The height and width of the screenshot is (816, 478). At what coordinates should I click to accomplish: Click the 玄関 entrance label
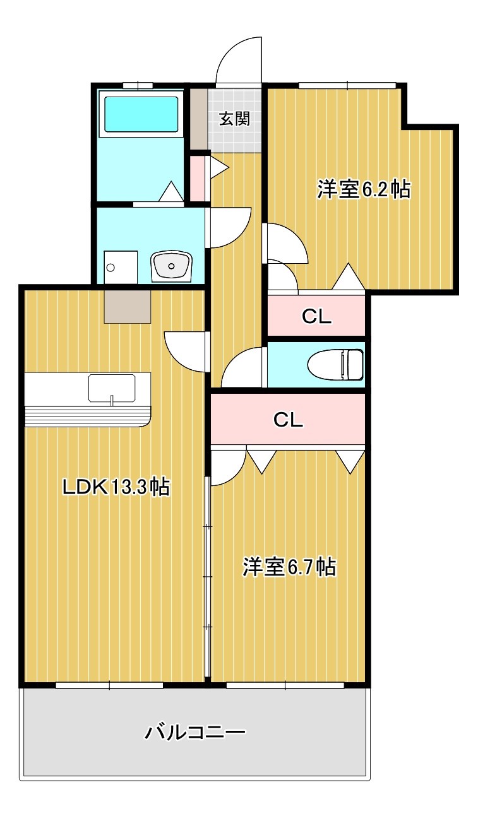(234, 119)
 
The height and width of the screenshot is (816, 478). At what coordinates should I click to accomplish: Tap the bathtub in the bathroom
(141, 114)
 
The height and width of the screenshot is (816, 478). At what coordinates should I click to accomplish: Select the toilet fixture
(336, 365)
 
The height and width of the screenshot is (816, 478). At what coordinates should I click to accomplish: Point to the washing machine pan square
(121, 267)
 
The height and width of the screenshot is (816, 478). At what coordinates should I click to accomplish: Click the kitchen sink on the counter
(112, 387)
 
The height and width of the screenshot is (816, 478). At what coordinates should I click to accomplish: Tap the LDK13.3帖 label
(115, 487)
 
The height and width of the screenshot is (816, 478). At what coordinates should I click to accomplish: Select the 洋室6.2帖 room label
(363, 189)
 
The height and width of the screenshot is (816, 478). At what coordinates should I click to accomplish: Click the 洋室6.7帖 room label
(289, 566)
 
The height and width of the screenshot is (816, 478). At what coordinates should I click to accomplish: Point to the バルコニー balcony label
(195, 733)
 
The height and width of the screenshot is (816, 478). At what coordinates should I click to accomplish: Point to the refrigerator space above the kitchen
(128, 306)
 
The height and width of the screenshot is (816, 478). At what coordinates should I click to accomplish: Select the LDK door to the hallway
(185, 351)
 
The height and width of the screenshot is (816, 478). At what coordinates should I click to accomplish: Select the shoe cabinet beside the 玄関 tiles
(199, 119)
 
